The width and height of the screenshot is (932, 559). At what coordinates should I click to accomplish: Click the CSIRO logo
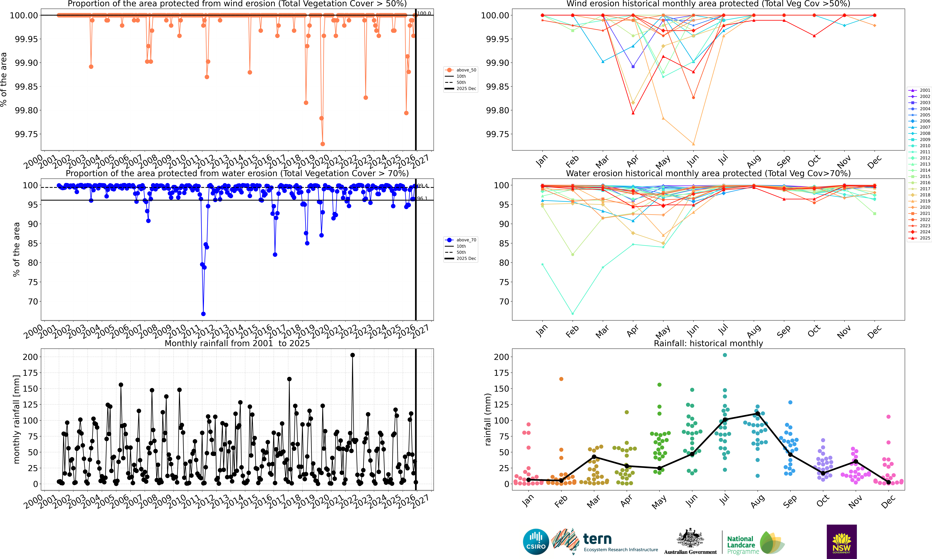(536, 542)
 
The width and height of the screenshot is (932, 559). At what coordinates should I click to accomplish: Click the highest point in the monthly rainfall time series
(352, 355)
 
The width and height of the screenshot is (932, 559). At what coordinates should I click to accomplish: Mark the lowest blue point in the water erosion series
(204, 314)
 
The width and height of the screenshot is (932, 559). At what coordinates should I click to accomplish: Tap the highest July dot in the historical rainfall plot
(725, 355)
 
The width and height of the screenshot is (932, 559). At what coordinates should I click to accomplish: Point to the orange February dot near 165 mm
(561, 379)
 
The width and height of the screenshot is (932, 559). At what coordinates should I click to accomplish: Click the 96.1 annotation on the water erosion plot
(422, 199)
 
